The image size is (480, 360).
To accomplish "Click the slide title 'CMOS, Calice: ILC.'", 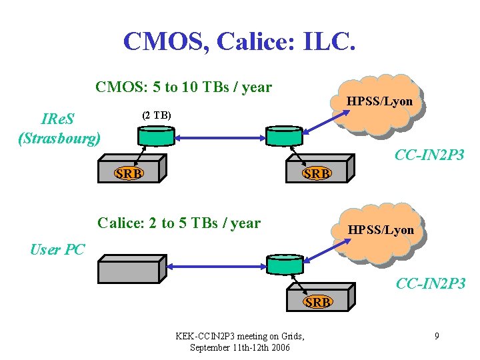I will pyautogui.click(x=239, y=41).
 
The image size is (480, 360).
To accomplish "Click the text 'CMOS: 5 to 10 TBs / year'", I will pyautogui.click(x=183, y=87).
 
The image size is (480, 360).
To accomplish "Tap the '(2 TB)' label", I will pyautogui.click(x=157, y=115).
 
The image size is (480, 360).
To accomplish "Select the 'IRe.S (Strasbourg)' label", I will pyautogui.click(x=60, y=129).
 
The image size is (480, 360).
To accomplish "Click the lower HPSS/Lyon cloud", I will pyautogui.click(x=380, y=230).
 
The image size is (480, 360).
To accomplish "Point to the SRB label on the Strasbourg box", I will pyautogui.click(x=128, y=173).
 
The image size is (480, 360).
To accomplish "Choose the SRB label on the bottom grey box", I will pyautogui.click(x=317, y=302).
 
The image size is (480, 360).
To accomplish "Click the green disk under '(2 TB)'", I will pyautogui.click(x=156, y=136).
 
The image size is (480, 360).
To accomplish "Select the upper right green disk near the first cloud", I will pyautogui.click(x=284, y=136).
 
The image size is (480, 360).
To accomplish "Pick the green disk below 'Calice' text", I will pyautogui.click(x=284, y=265).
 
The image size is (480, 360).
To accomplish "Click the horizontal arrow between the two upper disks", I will pyautogui.click(x=220, y=138).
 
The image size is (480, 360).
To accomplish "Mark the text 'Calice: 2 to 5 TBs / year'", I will pyautogui.click(x=179, y=223).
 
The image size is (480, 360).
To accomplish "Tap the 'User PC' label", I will pyautogui.click(x=57, y=249).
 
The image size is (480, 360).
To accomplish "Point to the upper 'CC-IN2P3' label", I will pyautogui.click(x=429, y=155).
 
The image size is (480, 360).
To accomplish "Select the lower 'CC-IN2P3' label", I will pyautogui.click(x=430, y=284).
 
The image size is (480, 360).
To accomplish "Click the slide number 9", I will pyautogui.click(x=436, y=336).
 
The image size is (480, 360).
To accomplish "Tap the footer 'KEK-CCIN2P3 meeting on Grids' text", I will pyautogui.click(x=239, y=336).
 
